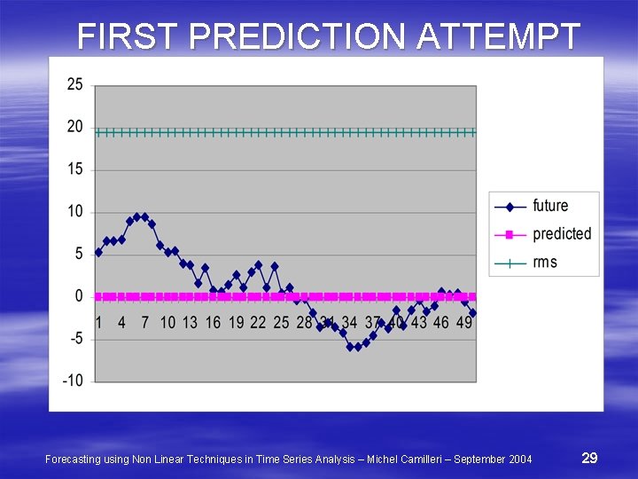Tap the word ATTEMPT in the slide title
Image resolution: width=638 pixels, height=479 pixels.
(498, 37)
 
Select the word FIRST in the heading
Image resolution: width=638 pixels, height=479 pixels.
(130, 37)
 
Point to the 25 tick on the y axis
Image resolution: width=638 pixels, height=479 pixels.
(75, 84)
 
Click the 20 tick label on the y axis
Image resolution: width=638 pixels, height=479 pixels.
(75, 127)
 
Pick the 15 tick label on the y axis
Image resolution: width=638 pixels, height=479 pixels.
(75, 169)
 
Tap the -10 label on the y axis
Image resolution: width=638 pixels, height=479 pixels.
(73, 381)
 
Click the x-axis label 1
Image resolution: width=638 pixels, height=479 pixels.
(98, 322)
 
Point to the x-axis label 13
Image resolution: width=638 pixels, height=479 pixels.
(190, 322)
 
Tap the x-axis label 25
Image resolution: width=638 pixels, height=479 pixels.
(281, 322)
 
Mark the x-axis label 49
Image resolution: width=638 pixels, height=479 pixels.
(464, 322)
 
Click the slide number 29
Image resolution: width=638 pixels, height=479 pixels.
(589, 458)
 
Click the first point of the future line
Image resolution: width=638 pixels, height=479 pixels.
(98, 253)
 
